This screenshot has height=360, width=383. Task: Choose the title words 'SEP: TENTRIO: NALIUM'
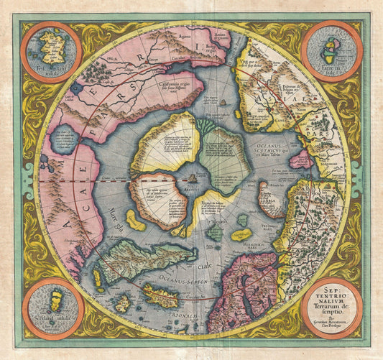tap(331, 294)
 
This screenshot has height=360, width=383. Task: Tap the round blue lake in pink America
tap(65, 139)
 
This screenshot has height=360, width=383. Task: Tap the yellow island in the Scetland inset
tap(51, 300)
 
